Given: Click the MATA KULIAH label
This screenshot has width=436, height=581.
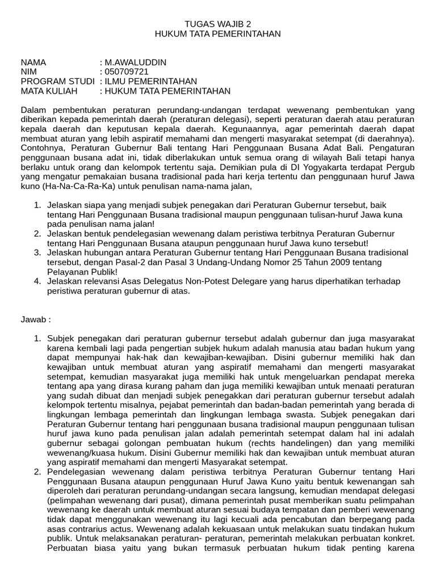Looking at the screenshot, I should tap(47, 91).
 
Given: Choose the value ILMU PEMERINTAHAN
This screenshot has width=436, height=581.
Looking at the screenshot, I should tap(151, 82).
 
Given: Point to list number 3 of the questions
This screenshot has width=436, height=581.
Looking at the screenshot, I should tap(37, 253).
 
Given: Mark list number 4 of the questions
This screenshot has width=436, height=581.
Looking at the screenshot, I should tap(37, 281).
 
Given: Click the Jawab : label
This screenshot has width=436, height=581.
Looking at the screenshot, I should tap(36, 319).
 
